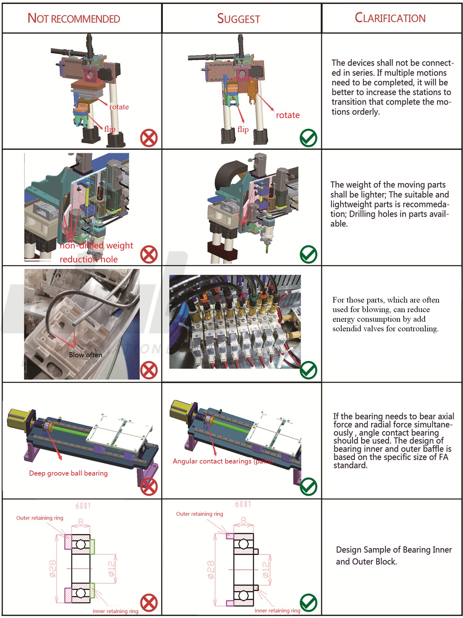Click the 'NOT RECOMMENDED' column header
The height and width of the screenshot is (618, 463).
74,19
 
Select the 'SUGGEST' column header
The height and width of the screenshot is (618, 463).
238,19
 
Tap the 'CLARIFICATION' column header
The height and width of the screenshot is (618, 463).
390,18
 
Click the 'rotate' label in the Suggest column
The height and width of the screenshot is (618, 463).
288,115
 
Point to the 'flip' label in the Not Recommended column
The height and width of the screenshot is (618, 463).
110,129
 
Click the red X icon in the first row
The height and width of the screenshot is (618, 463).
149,138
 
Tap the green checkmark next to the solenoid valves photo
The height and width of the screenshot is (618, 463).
308,370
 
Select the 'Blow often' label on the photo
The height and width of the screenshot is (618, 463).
85,355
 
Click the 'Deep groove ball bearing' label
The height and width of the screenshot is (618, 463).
68,473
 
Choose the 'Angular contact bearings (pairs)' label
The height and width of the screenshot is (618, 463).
223,461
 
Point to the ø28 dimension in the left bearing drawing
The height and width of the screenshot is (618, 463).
53,569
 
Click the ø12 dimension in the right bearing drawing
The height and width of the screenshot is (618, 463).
265,569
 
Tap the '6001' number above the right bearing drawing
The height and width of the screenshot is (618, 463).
243,504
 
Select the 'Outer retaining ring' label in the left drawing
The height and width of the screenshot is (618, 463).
40,518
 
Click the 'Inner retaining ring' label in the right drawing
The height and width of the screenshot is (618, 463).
277,611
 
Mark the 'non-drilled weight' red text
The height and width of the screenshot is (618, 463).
96,245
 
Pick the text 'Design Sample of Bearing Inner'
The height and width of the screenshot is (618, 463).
394,550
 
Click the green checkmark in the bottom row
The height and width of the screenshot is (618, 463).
308,603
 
